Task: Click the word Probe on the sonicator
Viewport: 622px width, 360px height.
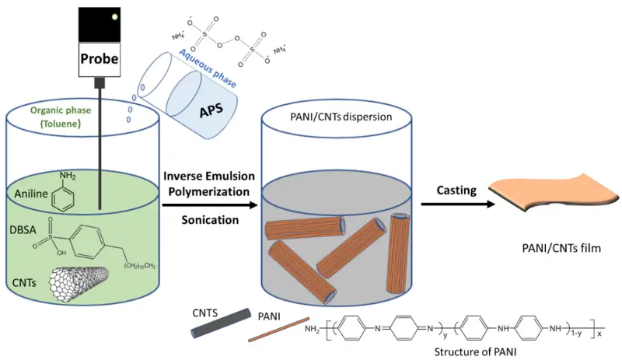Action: (x=100, y=59)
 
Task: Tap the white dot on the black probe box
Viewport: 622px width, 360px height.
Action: (x=114, y=16)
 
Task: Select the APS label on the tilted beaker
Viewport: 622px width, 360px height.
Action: (x=211, y=110)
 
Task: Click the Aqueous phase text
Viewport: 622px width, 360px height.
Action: (x=208, y=68)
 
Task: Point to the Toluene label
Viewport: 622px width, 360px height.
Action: (x=61, y=124)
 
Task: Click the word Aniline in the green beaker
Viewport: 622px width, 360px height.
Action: (x=31, y=194)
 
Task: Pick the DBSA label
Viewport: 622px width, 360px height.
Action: (x=23, y=230)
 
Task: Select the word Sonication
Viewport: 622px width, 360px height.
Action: (x=210, y=220)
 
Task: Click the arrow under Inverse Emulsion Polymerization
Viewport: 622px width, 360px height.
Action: (x=210, y=204)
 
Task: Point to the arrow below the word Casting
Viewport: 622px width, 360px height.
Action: (x=458, y=204)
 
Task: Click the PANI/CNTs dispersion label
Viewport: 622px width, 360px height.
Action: (x=341, y=117)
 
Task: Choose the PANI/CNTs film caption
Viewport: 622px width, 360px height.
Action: (x=561, y=249)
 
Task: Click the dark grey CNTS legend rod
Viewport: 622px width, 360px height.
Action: (x=221, y=323)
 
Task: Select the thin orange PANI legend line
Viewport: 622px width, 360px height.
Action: (x=279, y=330)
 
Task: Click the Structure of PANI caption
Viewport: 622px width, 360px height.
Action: (x=475, y=352)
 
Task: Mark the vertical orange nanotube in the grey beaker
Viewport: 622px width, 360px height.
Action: (x=398, y=253)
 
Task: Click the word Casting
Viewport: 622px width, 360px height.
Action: (x=456, y=190)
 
